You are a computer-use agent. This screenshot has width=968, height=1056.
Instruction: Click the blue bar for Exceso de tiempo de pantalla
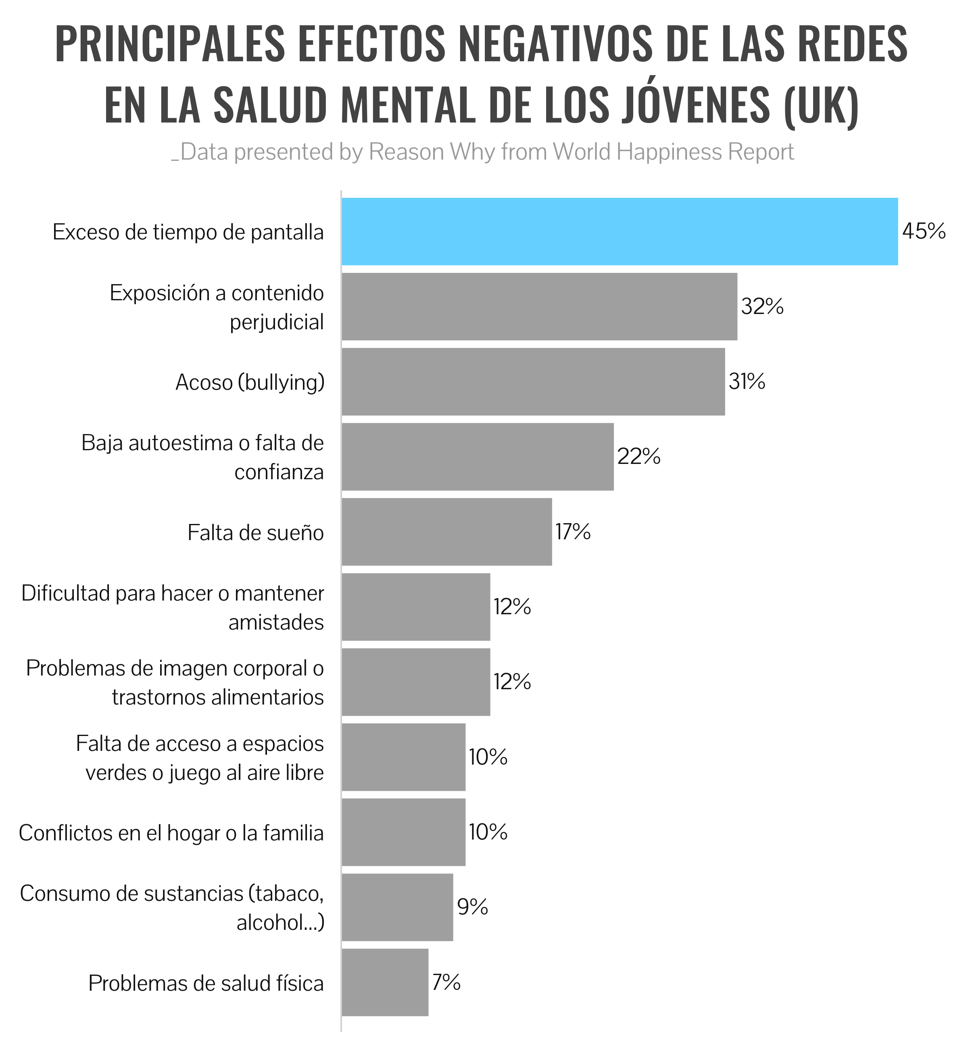tap(620, 231)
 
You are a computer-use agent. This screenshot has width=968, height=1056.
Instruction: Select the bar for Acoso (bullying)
tap(533, 382)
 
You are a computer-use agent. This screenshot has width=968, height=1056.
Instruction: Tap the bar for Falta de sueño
tap(446, 532)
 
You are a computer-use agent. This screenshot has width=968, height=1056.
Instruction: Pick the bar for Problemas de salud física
tap(385, 983)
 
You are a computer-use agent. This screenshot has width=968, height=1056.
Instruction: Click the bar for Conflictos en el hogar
tap(403, 832)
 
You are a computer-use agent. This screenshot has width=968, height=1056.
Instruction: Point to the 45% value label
tap(924, 231)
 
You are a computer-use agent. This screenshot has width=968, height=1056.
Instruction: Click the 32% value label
tap(762, 306)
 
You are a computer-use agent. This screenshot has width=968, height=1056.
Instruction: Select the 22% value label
tap(638, 457)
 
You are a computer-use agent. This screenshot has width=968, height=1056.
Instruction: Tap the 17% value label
tap(573, 532)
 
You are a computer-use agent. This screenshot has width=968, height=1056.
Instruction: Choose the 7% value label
tap(446, 982)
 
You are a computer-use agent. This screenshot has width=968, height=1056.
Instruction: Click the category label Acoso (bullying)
tap(250, 382)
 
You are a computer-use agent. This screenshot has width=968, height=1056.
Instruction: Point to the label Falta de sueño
tap(256, 533)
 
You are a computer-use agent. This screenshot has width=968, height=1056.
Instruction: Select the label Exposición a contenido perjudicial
tap(217, 308)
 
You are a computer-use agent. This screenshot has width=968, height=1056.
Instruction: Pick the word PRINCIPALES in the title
tap(170, 44)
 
